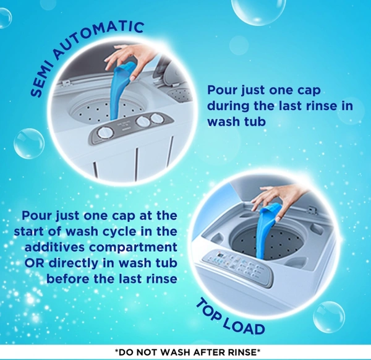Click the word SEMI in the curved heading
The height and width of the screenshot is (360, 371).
pyautogui.click(x=40, y=79)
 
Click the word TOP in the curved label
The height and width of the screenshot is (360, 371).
pyautogui.click(x=209, y=309)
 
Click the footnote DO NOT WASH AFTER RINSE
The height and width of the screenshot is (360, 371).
pyautogui.click(x=187, y=353)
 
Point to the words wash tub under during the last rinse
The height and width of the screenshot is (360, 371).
pyautogui.click(x=237, y=121)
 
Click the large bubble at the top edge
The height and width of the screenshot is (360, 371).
pyautogui.click(x=258, y=11)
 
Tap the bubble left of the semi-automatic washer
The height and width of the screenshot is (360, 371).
pyautogui.click(x=29, y=144)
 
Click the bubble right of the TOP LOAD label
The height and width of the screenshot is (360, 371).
pyautogui.click(x=329, y=317)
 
